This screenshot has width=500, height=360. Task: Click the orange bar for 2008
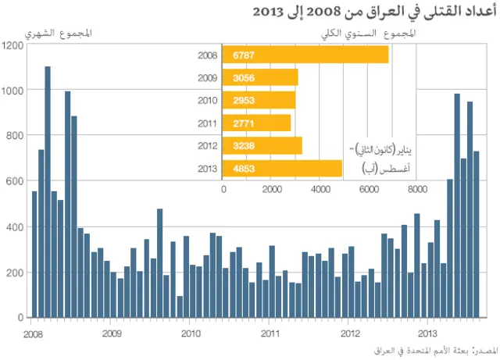coord(305,55)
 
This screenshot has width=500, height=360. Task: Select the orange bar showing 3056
coord(260,77)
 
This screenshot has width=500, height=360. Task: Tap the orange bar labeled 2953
coord(259,100)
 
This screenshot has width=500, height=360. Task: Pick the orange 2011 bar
coord(256,123)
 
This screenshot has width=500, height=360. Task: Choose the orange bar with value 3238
coord(262,145)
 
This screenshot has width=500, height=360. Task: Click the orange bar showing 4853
coord(282,168)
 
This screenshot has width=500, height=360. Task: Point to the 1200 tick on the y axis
coord(12,45)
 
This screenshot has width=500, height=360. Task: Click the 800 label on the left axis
coord(15,136)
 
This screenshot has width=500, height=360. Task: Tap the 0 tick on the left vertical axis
coord(20,318)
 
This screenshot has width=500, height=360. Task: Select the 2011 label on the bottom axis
coord(268,331)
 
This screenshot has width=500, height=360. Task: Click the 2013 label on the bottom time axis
coord(427,331)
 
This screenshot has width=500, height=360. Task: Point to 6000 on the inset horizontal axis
coord(369,188)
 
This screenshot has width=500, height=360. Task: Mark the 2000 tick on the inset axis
coord(272,188)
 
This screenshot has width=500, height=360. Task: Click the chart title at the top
coord(374,12)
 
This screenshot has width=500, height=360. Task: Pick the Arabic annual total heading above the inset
coord(367,34)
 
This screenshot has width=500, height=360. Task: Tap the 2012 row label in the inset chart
coord(208,145)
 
